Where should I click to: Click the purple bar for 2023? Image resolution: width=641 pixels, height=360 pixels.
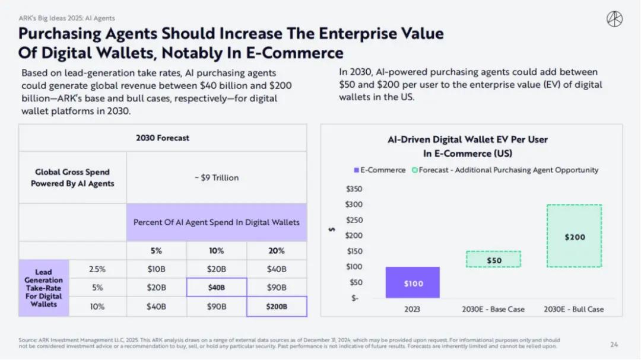coord(413,282)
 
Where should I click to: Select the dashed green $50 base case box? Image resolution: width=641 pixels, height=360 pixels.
coord(494,259)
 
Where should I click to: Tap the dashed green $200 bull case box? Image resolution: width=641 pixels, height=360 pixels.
coord(574,236)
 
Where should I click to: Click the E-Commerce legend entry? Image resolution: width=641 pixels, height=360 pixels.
coord(380,170)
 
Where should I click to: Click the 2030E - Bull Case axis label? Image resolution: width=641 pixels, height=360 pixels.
coord(574,309)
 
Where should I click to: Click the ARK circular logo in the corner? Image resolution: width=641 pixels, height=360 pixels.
coord(614,19)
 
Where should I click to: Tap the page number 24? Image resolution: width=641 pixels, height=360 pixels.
coord(614,344)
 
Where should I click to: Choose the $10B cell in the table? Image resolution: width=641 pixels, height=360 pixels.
coord(157,269)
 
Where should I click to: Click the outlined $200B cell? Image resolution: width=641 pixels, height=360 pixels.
coord(277,307)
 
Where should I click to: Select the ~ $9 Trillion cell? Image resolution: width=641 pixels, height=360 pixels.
coord(216,177)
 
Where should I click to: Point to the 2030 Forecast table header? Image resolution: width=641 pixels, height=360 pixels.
coord(163,138)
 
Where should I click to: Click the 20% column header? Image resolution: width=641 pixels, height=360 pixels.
coord(277,250)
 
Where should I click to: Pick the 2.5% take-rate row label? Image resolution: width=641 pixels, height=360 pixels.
coord(97,269)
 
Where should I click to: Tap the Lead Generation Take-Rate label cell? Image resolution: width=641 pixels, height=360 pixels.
coord(43,288)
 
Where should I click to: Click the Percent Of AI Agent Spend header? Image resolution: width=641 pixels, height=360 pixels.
coord(216,222)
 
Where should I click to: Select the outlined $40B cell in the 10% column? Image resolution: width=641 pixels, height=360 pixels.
coord(217,288)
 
